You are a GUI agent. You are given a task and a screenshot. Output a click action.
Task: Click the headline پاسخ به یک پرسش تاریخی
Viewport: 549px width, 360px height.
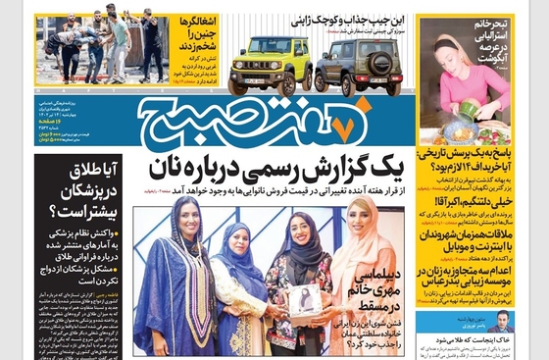(474, 160)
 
